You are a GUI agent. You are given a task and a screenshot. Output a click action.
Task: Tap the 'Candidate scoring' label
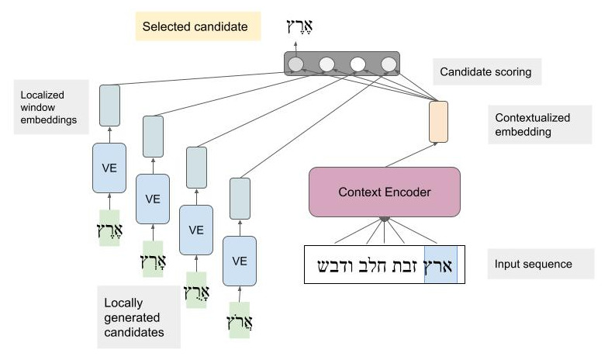(x=485, y=73)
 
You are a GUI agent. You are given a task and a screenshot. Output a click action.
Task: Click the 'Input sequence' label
(x=533, y=265)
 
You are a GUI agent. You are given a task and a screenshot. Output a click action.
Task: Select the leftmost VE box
(x=109, y=167)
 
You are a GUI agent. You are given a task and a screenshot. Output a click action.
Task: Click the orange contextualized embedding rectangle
(x=438, y=122)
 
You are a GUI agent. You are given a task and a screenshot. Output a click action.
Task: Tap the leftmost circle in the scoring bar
(x=295, y=64)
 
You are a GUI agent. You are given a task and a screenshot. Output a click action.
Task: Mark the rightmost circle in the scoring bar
(x=387, y=64)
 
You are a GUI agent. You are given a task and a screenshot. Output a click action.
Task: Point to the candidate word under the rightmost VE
(x=240, y=320)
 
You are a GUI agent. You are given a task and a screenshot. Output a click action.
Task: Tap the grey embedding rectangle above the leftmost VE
(x=109, y=105)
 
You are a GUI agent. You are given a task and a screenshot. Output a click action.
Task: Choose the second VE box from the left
(x=153, y=198)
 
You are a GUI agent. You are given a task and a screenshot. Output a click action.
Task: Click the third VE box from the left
(x=196, y=230)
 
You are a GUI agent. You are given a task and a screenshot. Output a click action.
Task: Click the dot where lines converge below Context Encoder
(x=384, y=220)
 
